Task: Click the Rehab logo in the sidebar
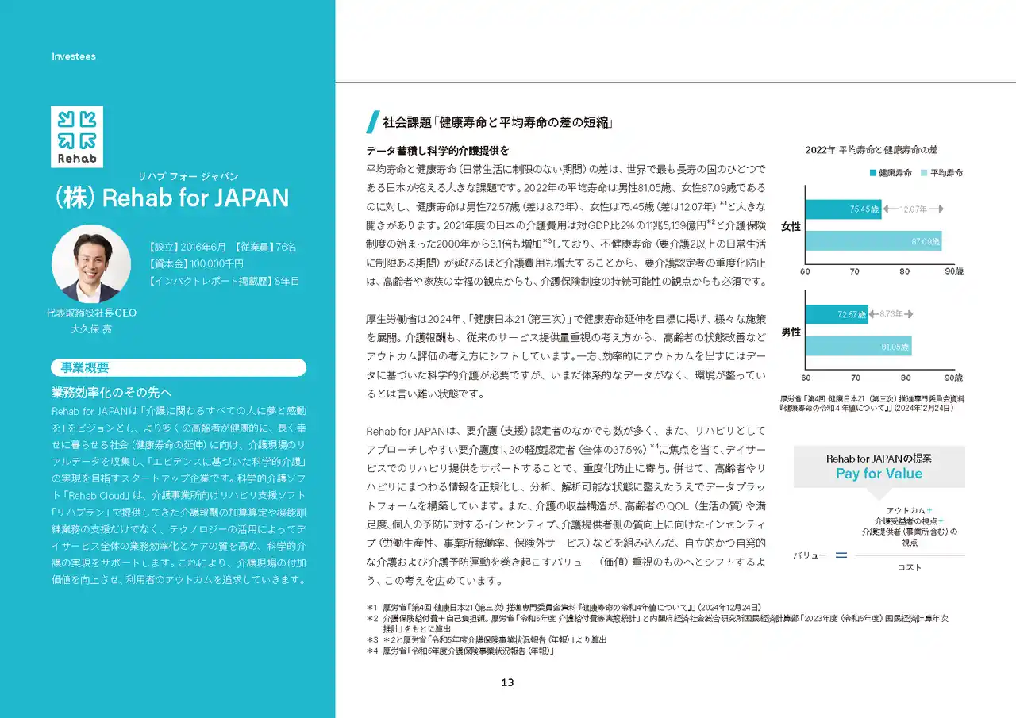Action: (77, 136)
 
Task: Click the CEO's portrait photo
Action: (91, 263)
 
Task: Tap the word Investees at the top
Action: (74, 56)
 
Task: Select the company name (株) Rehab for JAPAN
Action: (170, 198)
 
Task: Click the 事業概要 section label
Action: (86, 367)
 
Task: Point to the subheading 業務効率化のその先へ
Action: (112, 393)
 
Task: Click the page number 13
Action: (508, 682)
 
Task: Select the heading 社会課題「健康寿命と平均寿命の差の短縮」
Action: (497, 123)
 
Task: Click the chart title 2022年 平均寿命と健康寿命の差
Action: (872, 149)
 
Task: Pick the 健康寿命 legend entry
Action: (890, 172)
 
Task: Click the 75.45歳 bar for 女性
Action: (843, 209)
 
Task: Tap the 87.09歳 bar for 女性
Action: (872, 241)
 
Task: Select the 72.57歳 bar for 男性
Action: (837, 314)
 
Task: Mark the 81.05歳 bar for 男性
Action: (858, 346)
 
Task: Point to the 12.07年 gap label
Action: (913, 209)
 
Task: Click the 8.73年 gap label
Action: (892, 314)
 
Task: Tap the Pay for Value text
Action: (879, 474)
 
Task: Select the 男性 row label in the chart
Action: (791, 332)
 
